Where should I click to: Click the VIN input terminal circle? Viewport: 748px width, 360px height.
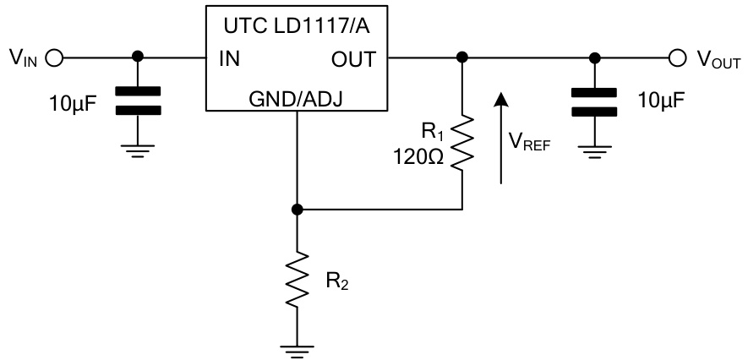pos(55,58)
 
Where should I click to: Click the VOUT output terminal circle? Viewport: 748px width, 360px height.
pos(676,58)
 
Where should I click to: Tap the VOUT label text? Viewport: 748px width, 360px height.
pos(718,59)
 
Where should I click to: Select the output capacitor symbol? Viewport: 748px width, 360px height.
pos(596,99)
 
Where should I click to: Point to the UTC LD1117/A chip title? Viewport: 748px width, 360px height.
pos(297,25)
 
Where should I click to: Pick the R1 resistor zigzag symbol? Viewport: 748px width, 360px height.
pos(461,145)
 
